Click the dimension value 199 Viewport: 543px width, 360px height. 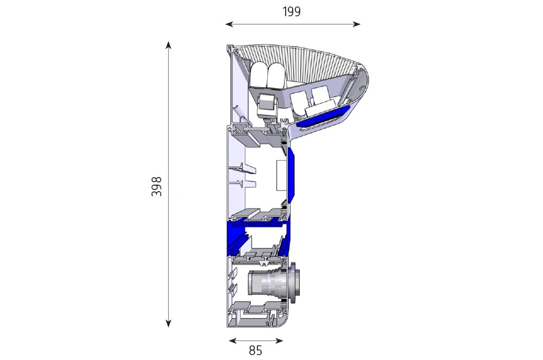tap(292, 12)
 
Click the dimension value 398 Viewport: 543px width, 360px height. tap(156, 186)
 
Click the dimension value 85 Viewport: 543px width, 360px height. tap(256, 351)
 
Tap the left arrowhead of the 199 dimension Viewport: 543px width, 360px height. tap(228, 24)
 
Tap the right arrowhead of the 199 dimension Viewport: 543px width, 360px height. tap(357, 24)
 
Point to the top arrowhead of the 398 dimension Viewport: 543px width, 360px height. tap(168, 45)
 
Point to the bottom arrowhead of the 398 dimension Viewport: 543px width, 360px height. tap(168, 324)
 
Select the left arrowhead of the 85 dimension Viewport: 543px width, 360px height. tap(232, 341)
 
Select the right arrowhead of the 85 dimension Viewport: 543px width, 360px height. tap(280, 341)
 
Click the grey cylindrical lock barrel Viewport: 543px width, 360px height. tap(267, 283)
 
